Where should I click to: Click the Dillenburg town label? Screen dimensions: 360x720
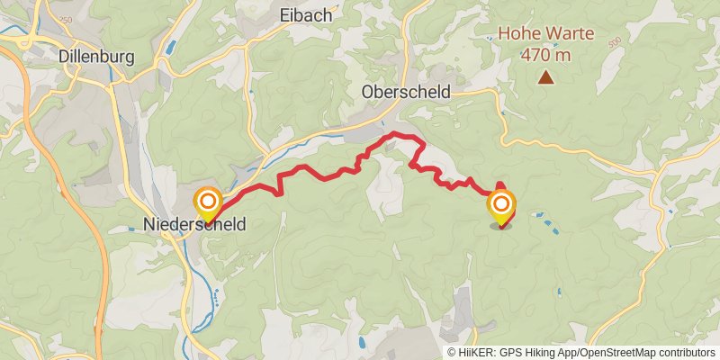tap(95, 57)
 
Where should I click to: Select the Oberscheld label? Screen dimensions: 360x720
tap(405, 92)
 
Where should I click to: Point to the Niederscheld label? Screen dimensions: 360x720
tap(194, 226)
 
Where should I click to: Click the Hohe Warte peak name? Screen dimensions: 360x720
tap(546, 35)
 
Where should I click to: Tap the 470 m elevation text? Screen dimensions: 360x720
tap(546, 54)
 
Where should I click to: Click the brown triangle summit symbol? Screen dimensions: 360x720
tap(545, 78)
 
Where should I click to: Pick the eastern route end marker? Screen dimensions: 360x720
tap(500, 206)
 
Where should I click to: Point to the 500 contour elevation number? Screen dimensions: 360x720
tap(615, 41)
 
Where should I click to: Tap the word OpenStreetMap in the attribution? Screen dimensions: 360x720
tap(616, 353)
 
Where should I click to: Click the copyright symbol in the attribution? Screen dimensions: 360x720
tap(451, 353)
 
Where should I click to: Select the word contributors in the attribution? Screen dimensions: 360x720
tap(685, 353)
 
